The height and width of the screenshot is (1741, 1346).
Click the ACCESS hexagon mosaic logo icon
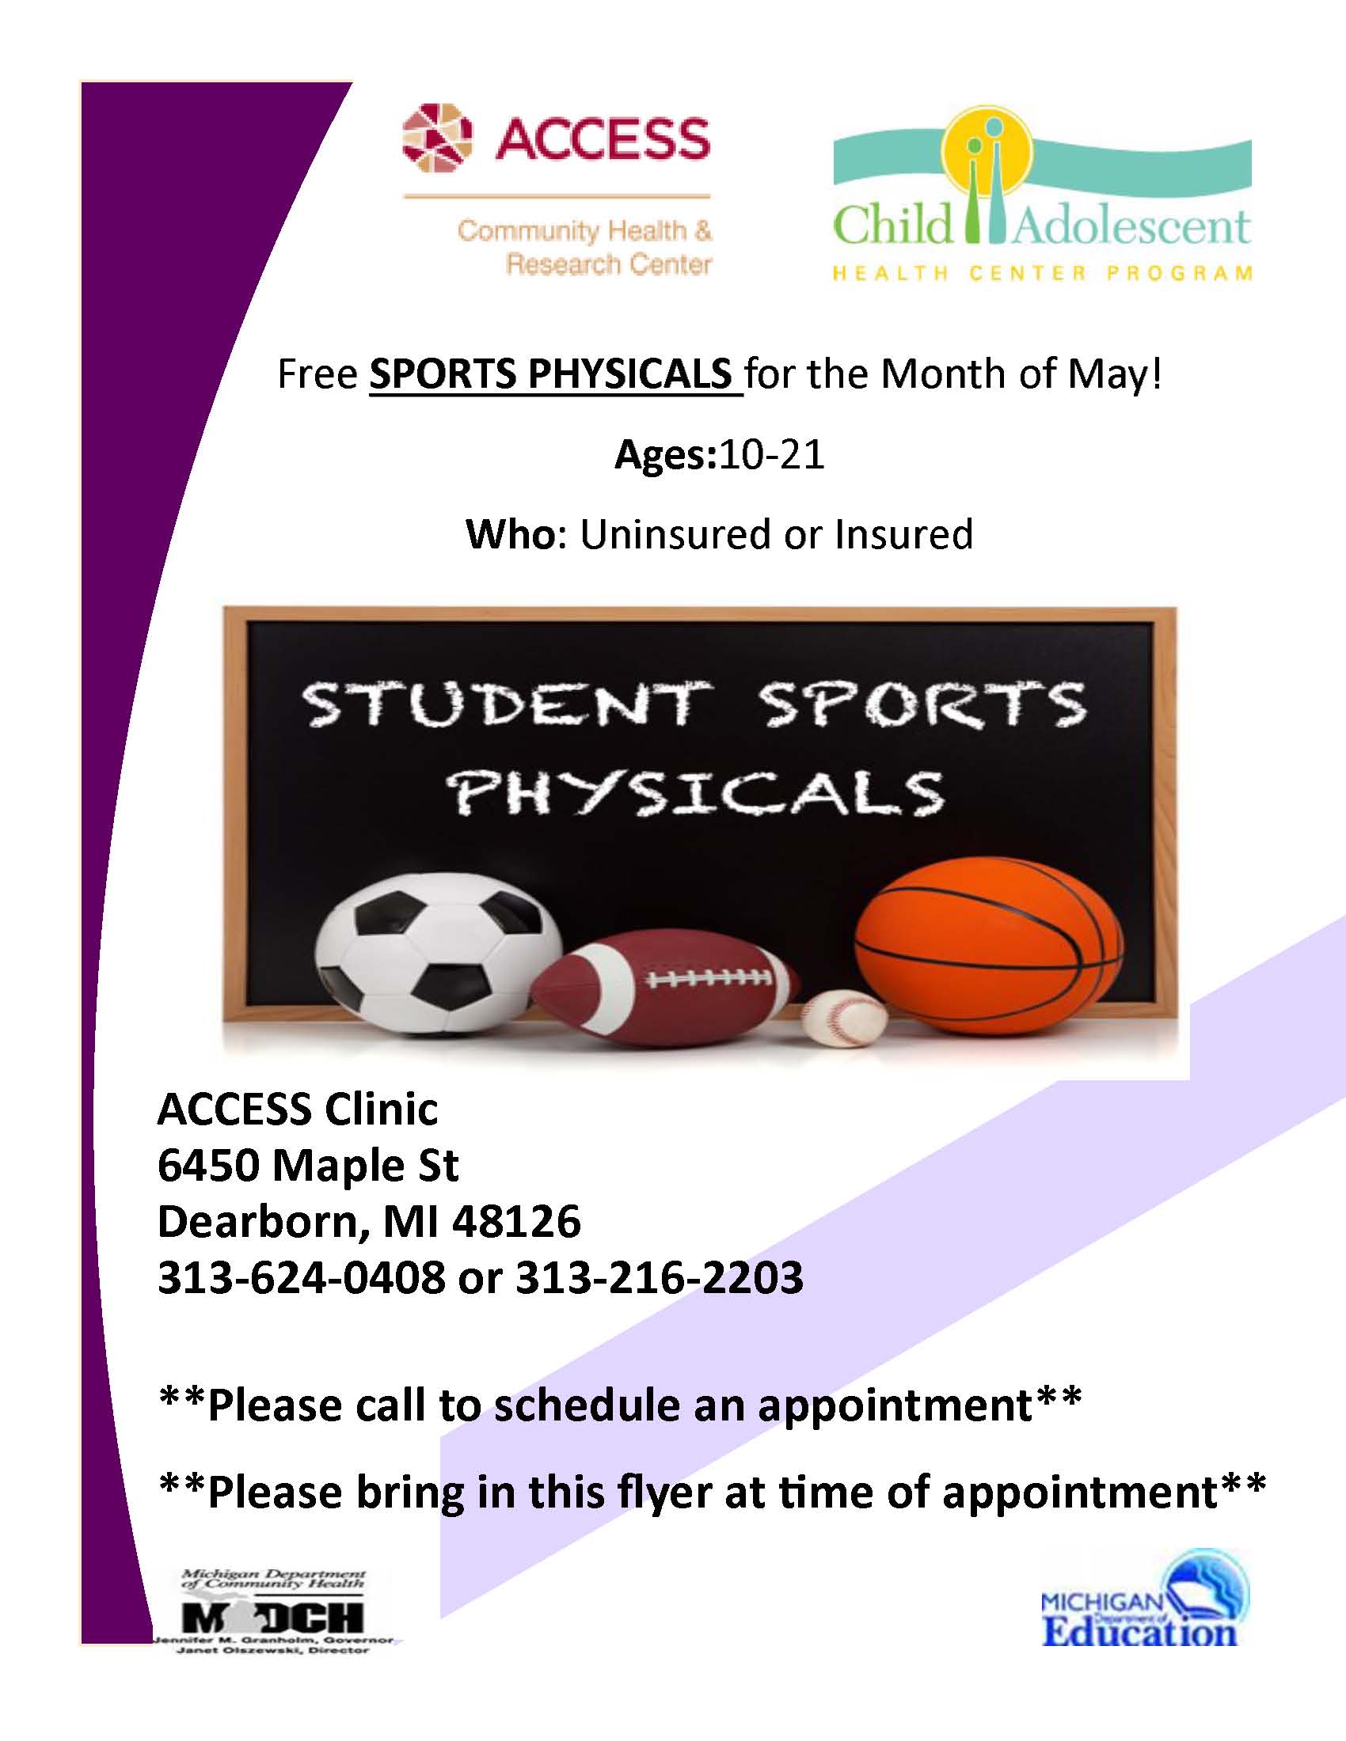click(x=437, y=138)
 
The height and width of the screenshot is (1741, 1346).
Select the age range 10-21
click(x=771, y=455)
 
